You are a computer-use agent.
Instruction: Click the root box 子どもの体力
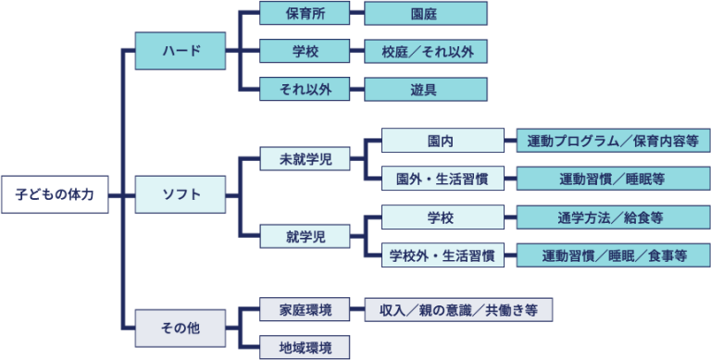[55, 195]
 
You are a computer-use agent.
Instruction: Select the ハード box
[181, 51]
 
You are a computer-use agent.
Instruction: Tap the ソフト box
[181, 195]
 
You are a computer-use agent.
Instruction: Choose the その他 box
[181, 328]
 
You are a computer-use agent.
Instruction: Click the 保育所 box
[305, 14]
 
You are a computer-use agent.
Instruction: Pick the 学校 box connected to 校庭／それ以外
[305, 51]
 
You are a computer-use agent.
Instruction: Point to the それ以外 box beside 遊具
[305, 89]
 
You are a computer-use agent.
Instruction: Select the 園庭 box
[425, 14]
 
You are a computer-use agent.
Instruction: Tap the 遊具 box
[425, 89]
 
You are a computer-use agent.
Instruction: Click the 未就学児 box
[305, 159]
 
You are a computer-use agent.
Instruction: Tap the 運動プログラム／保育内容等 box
[611, 141]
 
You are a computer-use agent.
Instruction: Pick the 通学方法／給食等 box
[611, 217]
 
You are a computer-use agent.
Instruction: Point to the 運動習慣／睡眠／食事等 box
[611, 254]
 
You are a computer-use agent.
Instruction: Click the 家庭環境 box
[305, 310]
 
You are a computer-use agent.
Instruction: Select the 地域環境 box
[305, 347]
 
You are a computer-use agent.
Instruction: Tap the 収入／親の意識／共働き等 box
[458, 310]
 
